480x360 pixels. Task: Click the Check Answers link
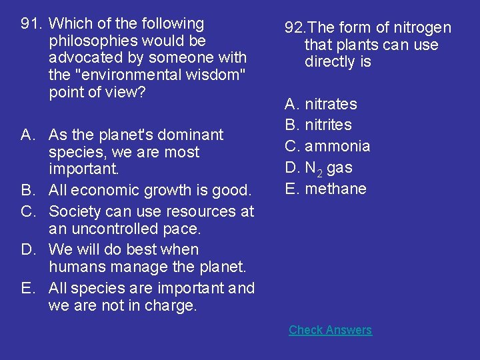(x=330, y=330)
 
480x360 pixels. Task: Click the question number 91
(x=31, y=24)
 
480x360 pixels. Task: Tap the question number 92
(x=295, y=28)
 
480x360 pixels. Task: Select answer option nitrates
(x=331, y=104)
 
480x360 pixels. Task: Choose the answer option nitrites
(x=328, y=125)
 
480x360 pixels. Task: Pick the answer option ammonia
(x=337, y=146)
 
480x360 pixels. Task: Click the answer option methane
(x=335, y=189)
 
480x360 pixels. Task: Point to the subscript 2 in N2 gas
(x=320, y=171)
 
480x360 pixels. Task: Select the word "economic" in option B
(x=104, y=191)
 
